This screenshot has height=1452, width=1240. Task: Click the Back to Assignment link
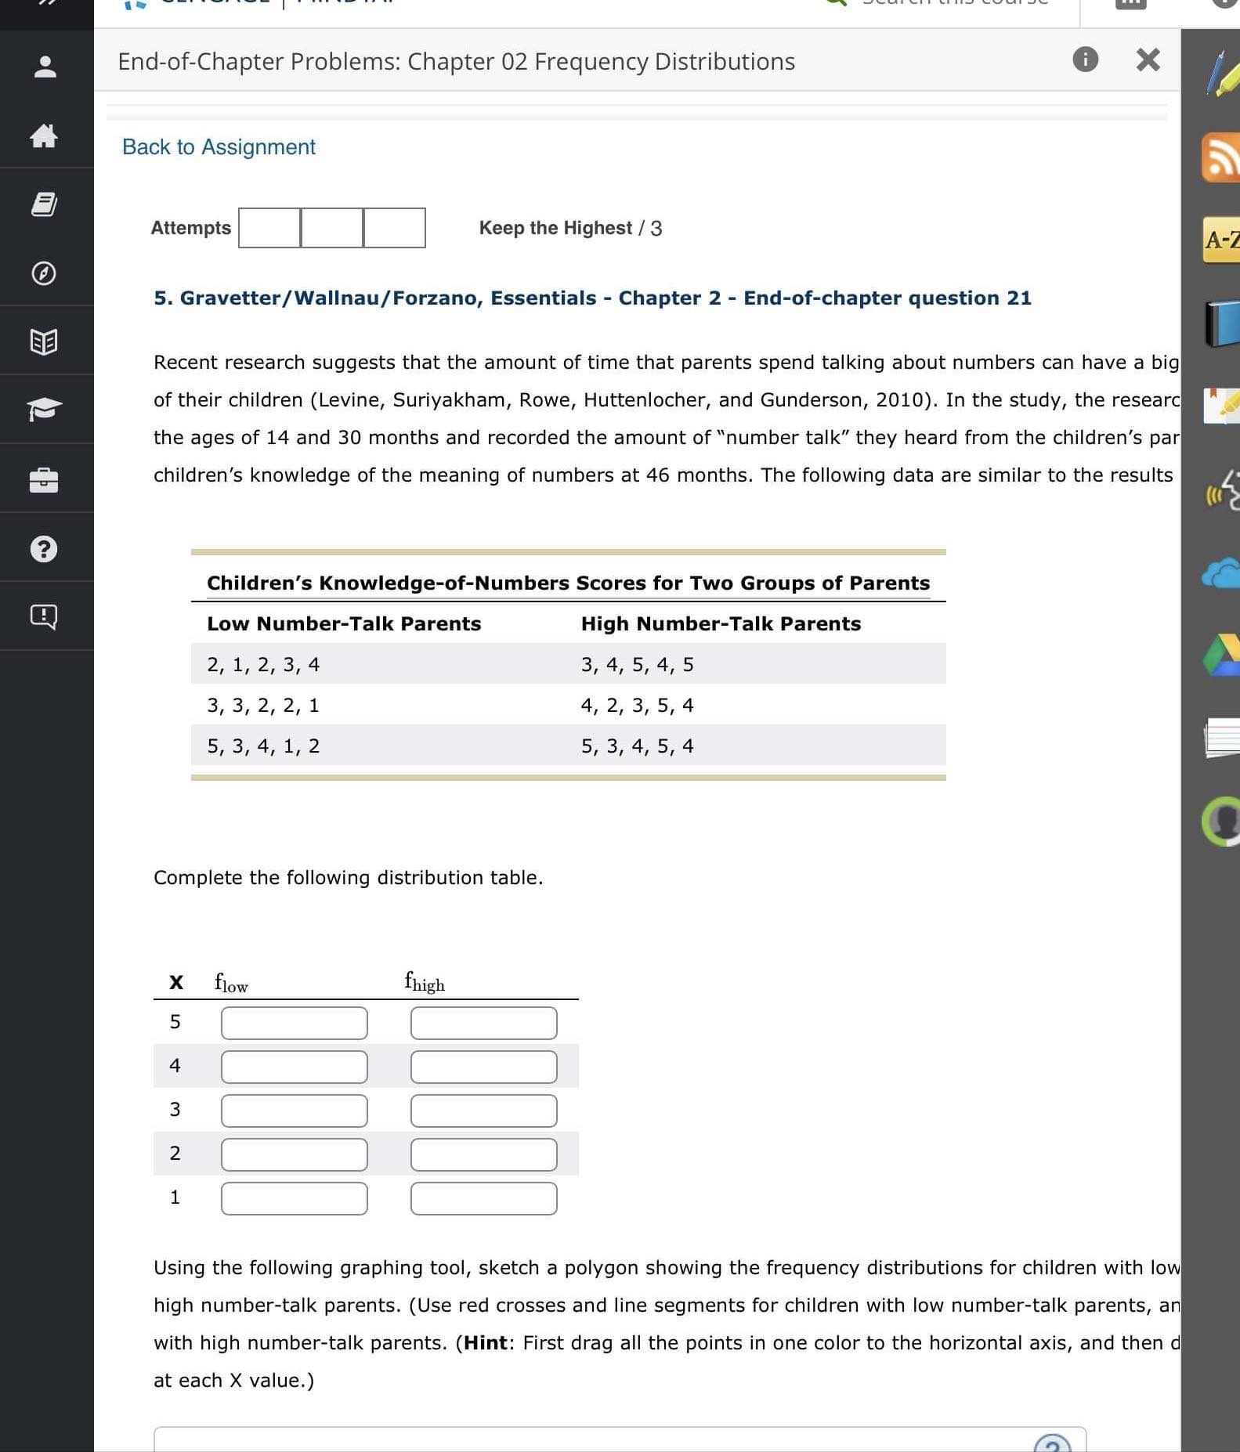tap(219, 147)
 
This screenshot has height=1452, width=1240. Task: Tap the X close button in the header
tap(1148, 60)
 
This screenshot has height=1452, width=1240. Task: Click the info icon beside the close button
tap(1085, 59)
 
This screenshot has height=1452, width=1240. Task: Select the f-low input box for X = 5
tap(294, 1023)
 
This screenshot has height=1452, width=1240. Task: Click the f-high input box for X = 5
tap(483, 1023)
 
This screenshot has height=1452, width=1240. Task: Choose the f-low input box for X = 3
tap(294, 1111)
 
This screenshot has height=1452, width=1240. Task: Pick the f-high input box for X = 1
tap(483, 1198)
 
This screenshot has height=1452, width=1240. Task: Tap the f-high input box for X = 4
tap(483, 1067)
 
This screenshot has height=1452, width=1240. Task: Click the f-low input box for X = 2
tap(294, 1154)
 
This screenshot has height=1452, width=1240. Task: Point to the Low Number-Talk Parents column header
tap(344, 623)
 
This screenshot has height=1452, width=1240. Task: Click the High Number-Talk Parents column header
tap(721, 623)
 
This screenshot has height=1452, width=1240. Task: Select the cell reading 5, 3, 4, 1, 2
tap(263, 746)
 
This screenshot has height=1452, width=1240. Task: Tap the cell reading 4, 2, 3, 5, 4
tap(637, 705)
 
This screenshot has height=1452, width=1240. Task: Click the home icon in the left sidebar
tap(44, 136)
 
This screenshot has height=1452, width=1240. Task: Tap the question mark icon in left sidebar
tap(44, 548)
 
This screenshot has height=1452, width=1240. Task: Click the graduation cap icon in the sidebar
tap(44, 409)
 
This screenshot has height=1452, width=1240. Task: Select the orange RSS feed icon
tap(1220, 157)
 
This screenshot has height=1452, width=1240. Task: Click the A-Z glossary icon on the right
tap(1221, 240)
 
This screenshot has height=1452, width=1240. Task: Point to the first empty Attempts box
tap(269, 228)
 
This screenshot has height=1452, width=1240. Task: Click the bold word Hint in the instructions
tap(486, 1342)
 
